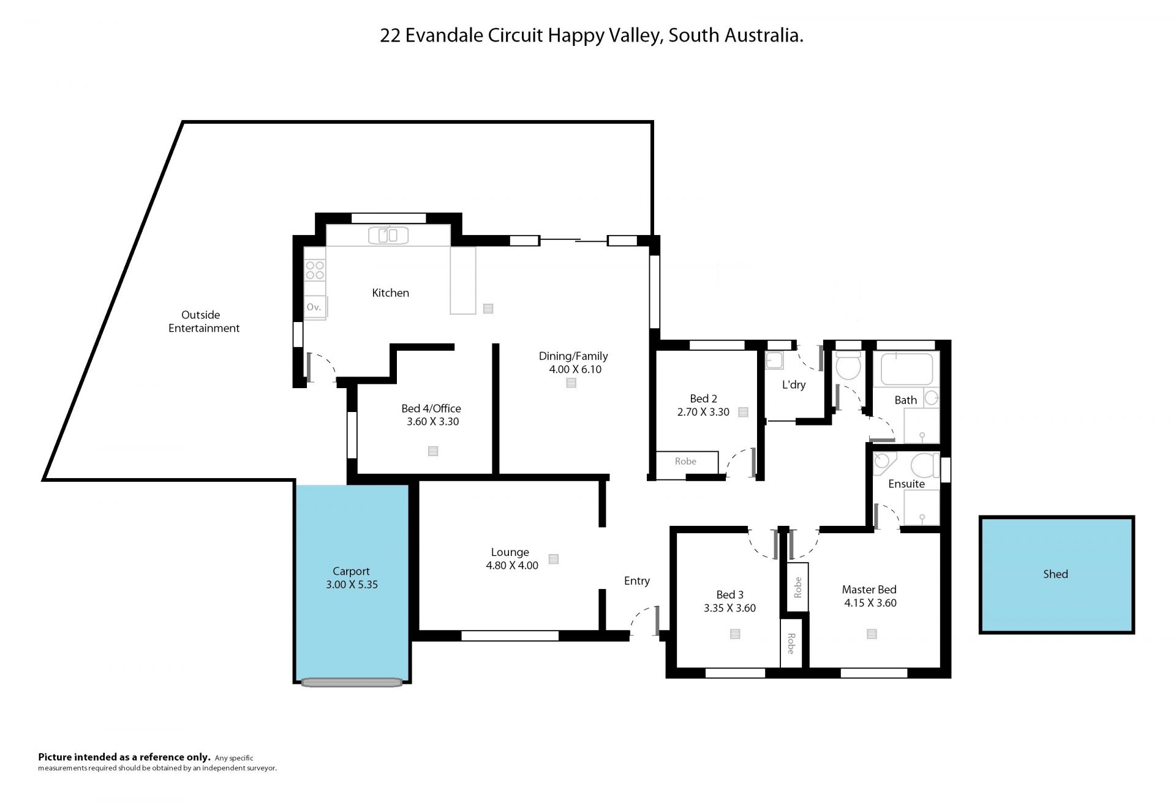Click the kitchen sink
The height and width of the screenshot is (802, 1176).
tap(388, 235)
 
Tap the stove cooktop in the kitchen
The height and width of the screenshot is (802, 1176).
tap(315, 270)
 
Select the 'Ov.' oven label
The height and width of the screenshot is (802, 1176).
tap(314, 307)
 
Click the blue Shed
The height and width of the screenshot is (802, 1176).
tap(1057, 574)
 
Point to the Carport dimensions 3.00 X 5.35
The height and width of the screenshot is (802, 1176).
tap(352, 585)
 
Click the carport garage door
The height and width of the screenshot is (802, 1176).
tap(352, 682)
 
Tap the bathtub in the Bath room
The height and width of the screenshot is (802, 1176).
tap(907, 369)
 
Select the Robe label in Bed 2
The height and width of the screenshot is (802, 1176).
tap(685, 462)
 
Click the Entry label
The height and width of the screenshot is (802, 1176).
tap(637, 581)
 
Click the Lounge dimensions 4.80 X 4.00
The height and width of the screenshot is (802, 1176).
tap(512, 566)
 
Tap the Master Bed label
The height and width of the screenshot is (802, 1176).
tap(869, 590)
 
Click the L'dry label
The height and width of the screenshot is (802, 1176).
tap(794, 385)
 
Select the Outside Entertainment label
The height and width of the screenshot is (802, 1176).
tap(204, 321)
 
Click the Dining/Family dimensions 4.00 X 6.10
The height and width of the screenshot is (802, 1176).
tap(575, 370)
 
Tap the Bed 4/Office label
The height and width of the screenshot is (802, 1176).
tap(431, 408)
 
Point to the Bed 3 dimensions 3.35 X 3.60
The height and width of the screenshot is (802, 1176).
tap(729, 609)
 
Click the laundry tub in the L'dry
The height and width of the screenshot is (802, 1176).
tap(774, 361)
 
